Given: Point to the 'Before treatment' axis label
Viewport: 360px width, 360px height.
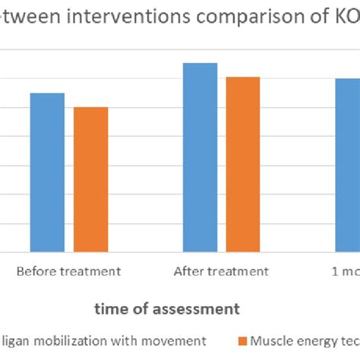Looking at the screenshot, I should point(68,271).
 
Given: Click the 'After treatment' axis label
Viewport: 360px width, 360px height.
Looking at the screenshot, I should point(221,271).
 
